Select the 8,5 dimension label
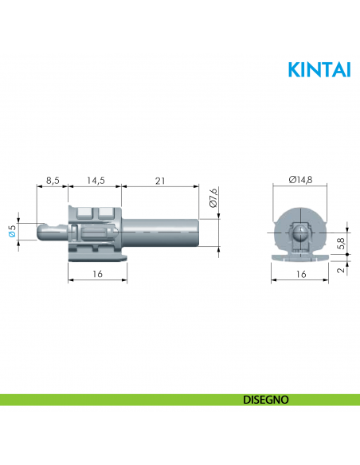(x=53, y=181)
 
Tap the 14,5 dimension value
(x=96, y=181)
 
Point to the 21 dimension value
(x=159, y=181)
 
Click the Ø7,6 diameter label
(x=212, y=197)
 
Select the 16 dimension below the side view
(x=96, y=273)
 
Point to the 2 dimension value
(x=341, y=271)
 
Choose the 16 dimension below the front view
(x=300, y=273)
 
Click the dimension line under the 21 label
(x=159, y=187)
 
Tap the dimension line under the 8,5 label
(x=53, y=187)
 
